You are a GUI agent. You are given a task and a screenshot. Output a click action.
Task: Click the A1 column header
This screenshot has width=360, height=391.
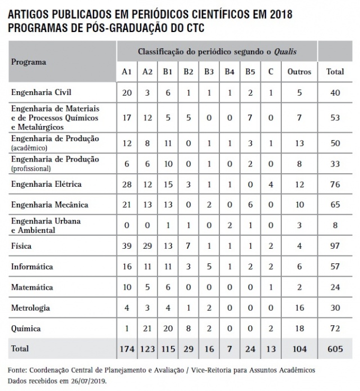coord(127,72)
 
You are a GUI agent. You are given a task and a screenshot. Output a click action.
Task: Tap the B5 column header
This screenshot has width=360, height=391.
coord(249,72)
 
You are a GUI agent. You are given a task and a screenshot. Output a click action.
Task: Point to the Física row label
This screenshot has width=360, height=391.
coord(22,246)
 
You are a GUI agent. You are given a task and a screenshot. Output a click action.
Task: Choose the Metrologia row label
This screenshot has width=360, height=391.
coord(31,308)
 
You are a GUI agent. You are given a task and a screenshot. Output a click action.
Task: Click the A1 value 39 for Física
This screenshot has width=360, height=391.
coord(127,246)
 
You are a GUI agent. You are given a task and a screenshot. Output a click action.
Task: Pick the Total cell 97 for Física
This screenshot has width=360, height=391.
coord(335,246)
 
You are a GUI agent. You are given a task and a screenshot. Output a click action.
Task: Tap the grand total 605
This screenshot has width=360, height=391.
coord(335,349)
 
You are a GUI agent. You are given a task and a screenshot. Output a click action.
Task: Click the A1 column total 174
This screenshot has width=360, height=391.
coord(127,349)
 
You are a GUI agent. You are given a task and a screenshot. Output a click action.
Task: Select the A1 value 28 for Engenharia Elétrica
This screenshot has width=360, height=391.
coord(127,184)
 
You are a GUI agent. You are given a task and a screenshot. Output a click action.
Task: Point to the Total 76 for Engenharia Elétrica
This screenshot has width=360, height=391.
coord(335,184)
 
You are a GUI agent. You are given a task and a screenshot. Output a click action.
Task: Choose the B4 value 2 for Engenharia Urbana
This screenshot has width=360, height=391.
coord(229,225)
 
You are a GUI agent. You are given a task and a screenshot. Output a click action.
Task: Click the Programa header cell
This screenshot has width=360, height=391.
coord(29,62)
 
